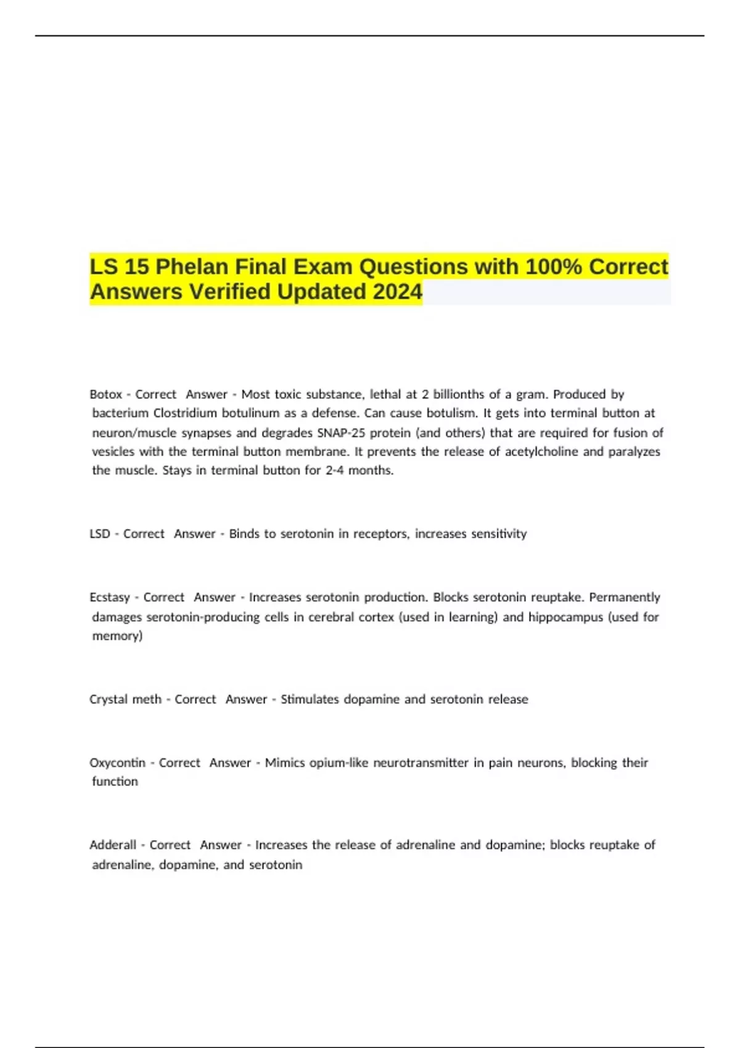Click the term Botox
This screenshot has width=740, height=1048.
tap(105, 394)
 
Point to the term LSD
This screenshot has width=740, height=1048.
tap(100, 533)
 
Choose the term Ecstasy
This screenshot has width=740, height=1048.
tap(110, 597)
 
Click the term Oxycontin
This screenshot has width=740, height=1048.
tap(117, 763)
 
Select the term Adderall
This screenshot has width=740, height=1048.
tap(113, 845)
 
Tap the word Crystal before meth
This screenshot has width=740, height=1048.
tap(108, 699)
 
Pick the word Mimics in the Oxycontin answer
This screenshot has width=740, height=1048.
tap(285, 763)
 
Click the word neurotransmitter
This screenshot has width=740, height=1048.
tap(421, 763)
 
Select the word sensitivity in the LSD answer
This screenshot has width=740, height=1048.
tap(499, 533)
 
